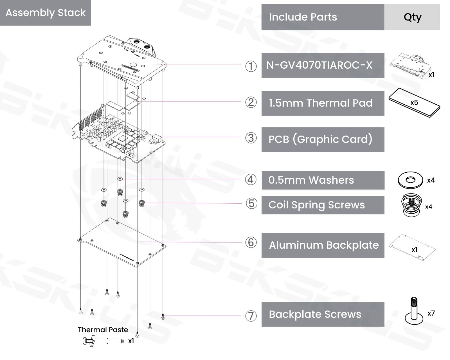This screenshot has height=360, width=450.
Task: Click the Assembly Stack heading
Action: pyautogui.click(x=45, y=13)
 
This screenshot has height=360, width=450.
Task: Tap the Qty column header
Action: pyautogui.click(x=412, y=17)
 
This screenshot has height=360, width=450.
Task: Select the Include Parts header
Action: pyautogui.click(x=303, y=17)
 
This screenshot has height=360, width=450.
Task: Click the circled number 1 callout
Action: pyautogui.click(x=251, y=66)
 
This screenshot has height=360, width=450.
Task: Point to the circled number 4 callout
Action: pyautogui.click(x=251, y=179)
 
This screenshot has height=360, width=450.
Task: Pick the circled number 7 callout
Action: pyautogui.click(x=251, y=316)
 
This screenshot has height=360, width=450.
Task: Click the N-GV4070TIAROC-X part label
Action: pyautogui.click(x=319, y=65)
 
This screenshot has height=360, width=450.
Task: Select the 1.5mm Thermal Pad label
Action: pyautogui.click(x=321, y=103)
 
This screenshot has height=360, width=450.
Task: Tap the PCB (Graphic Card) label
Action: pyautogui.click(x=320, y=139)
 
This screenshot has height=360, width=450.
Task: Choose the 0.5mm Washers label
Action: pyautogui.click(x=311, y=180)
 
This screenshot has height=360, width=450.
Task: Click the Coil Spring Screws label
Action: pyautogui.click(x=316, y=205)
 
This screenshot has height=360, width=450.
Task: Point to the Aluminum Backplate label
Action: pyautogui.click(x=324, y=245)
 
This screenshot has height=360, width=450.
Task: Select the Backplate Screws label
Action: pyautogui.click(x=315, y=314)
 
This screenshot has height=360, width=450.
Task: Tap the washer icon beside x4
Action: pyautogui.click(x=410, y=180)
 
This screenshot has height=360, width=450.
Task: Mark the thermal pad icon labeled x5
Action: pyautogui.click(x=414, y=103)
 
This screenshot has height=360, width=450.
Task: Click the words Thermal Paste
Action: pyautogui.click(x=103, y=330)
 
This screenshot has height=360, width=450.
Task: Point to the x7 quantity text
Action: pyautogui.click(x=431, y=313)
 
